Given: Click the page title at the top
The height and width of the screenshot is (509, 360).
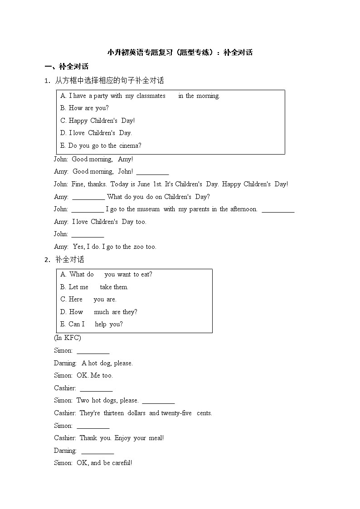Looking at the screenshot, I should tap(180, 52).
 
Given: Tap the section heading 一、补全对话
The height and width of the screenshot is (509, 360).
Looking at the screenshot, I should tap(67, 67).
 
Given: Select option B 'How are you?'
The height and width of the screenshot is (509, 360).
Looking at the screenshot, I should tap(84, 108).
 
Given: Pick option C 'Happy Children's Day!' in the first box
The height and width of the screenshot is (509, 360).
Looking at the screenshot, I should tap(97, 121).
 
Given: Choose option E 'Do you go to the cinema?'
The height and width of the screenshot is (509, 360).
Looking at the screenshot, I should tap(101, 145).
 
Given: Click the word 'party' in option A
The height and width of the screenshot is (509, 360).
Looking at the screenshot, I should tap(100, 96).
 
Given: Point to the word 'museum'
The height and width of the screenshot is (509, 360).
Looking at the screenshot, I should tap(148, 209).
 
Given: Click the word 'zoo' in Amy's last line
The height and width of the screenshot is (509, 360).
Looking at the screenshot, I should tap(138, 247).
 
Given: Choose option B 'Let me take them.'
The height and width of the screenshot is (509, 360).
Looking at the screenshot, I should tap(94, 287).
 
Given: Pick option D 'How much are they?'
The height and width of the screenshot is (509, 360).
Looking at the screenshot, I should tap(98, 312).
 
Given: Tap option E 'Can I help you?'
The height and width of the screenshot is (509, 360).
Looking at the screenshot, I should tap(91, 324).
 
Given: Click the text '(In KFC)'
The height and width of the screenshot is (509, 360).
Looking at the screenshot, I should tap(68, 338).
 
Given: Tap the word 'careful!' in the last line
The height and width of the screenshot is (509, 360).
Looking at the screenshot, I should tap(122, 463).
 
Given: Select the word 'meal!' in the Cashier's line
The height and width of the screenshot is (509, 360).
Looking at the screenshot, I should tap(156, 438).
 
